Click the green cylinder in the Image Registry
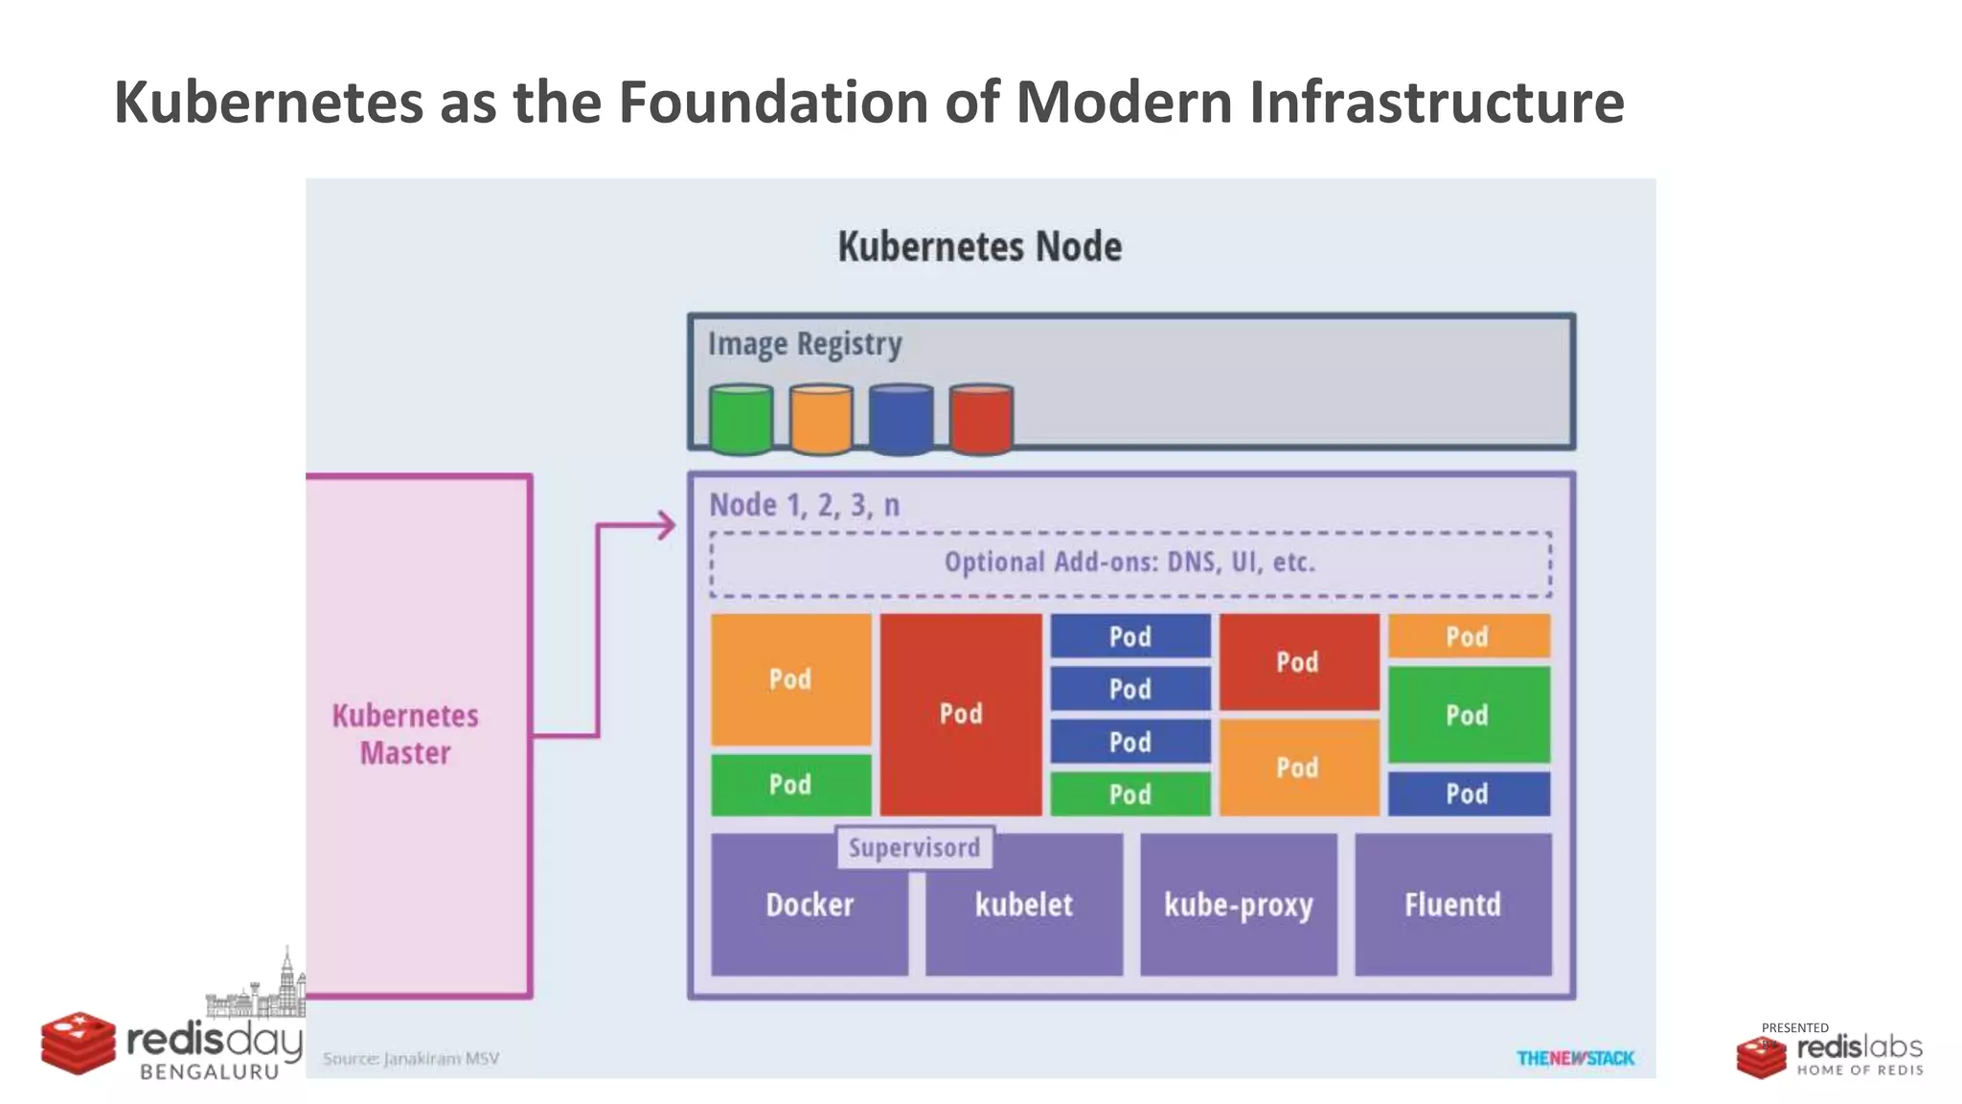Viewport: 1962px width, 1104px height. point(741,419)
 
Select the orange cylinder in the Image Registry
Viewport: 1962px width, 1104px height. point(821,419)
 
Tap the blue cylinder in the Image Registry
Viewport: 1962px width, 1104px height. point(901,419)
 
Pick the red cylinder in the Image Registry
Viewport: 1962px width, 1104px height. point(981,419)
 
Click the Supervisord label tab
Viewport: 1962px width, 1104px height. point(915,848)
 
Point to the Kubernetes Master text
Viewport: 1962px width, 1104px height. point(405,734)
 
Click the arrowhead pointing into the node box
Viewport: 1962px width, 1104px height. point(666,525)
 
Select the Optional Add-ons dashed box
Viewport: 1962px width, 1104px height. point(1129,563)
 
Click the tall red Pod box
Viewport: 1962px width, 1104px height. point(961,714)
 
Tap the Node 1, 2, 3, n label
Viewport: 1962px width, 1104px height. point(804,505)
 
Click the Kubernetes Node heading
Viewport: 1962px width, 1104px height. point(979,247)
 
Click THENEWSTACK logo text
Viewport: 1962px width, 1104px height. point(1575,1058)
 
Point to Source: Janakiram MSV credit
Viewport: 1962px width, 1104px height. point(411,1058)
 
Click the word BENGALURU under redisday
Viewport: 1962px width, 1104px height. point(209,1072)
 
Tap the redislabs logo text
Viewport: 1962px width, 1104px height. point(1859,1046)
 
